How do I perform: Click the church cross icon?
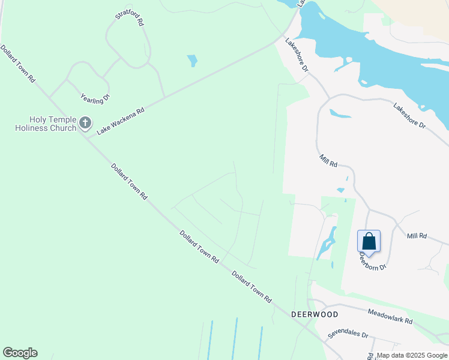tap(85, 124)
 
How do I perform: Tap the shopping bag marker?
tap(369, 241)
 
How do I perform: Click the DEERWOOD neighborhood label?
tap(315, 314)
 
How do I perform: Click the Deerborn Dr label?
tap(373, 260)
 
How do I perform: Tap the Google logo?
tap(20, 353)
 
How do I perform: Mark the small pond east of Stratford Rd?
tap(192, 61)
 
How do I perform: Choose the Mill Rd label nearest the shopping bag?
tap(417, 236)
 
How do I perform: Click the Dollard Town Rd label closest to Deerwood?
tap(252, 287)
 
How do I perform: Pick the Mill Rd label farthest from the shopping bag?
tap(329, 161)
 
